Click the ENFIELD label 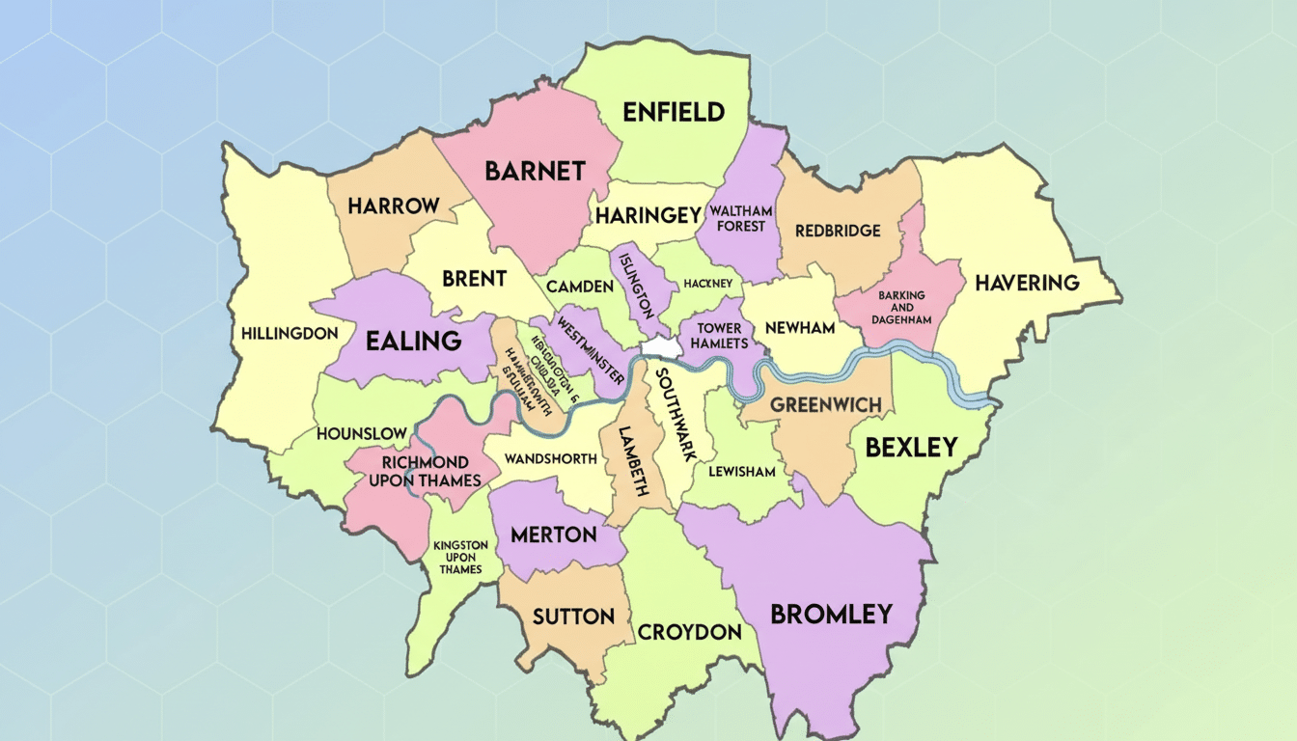coord(674,112)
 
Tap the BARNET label coord(535,172)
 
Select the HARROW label coord(394,206)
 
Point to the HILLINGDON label coord(290,333)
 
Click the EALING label coord(413,341)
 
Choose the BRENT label coord(474,279)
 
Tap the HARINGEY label coord(648,215)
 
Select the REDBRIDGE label coord(838,231)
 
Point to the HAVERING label coord(1027,283)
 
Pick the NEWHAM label coord(799,328)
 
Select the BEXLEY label coord(911,448)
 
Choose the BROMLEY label coord(830,614)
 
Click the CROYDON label coord(689,632)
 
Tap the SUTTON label coord(573,616)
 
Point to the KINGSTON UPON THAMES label coord(460,557)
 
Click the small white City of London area coord(658,346)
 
